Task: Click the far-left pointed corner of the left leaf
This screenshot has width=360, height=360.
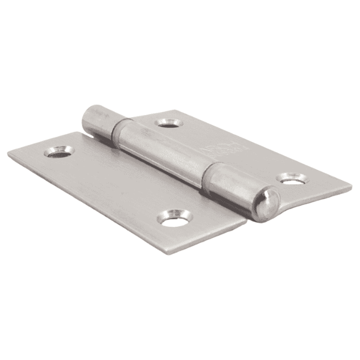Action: click(9, 153)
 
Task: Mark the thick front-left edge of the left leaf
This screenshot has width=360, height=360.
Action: click(86, 209)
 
